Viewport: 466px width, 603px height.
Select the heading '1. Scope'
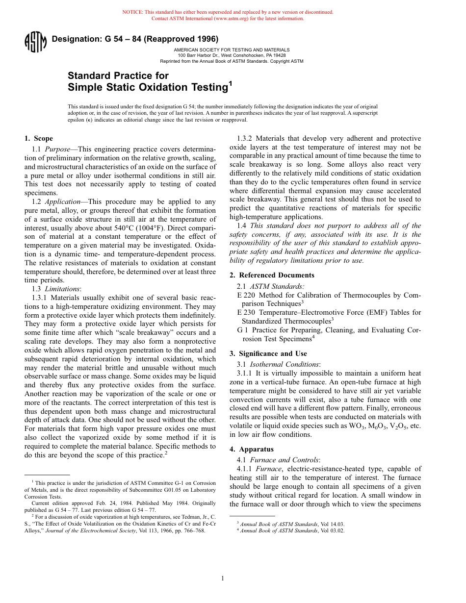(x=39, y=138)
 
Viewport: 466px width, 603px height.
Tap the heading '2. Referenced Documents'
(x=272, y=275)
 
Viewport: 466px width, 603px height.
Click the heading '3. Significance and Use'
(x=268, y=353)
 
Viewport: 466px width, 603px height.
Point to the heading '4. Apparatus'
(x=252, y=449)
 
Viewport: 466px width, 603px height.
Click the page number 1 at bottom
(x=222, y=578)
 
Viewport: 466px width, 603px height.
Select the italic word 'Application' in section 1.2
(x=63, y=201)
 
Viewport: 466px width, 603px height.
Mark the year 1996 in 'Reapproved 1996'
(x=207, y=39)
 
